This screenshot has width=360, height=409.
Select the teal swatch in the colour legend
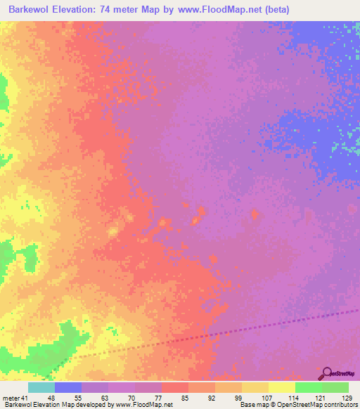pyautogui.click(x=41, y=387)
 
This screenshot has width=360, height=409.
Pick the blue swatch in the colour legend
pyautogui.click(x=68, y=387)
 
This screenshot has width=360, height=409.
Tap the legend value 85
pyautogui.click(x=184, y=398)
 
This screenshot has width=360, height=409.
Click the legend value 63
pyautogui.click(x=103, y=398)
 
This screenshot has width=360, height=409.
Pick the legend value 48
pyautogui.click(x=51, y=398)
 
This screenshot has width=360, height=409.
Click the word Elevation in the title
pyautogui.click(x=75, y=10)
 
